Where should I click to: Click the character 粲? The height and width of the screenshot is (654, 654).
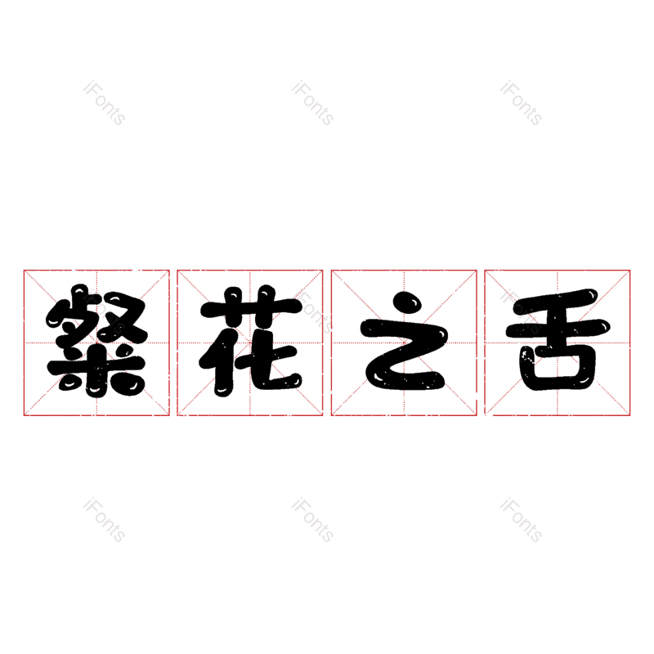tap(96, 342)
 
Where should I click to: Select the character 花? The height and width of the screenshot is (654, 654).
tap(250, 342)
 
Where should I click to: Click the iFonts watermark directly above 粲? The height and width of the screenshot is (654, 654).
tap(104, 103)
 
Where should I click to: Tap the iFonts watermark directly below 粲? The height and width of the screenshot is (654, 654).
tap(104, 521)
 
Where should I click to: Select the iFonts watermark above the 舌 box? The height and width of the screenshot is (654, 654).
tap(521, 103)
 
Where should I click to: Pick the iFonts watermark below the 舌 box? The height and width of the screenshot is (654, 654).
tap(521, 521)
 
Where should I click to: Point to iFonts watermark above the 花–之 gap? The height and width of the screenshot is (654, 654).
tap(312, 103)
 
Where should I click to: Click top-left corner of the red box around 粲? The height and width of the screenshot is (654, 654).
tap(24, 270)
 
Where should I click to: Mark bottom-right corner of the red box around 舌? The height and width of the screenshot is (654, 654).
tap(630, 415)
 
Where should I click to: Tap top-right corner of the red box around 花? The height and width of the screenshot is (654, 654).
tap(323, 270)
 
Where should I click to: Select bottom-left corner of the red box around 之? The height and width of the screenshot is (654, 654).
tap(331, 415)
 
